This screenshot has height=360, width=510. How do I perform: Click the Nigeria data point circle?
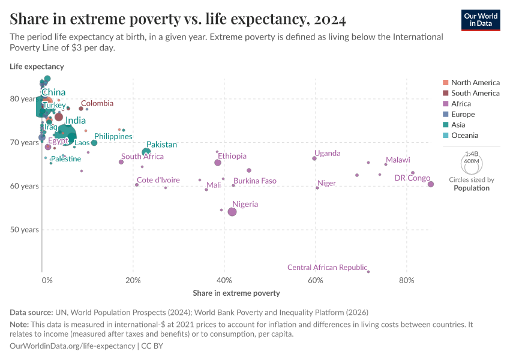click(x=232, y=212)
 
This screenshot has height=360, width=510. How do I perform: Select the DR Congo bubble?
click(x=431, y=184)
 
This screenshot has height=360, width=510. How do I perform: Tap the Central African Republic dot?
click(x=368, y=272)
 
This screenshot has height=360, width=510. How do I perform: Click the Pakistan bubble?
click(x=146, y=152)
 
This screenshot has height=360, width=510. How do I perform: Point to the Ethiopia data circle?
click(x=218, y=163)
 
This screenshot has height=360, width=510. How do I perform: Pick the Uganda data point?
click(x=314, y=158)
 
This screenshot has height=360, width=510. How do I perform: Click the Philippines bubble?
click(x=94, y=143)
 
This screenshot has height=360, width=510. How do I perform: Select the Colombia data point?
click(x=81, y=109)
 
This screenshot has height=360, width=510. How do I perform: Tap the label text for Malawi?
click(x=398, y=160)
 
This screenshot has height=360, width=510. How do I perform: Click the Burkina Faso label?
click(x=255, y=181)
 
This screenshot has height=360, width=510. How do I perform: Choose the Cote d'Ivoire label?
click(x=158, y=180)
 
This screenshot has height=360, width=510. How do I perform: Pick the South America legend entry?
click(x=475, y=93)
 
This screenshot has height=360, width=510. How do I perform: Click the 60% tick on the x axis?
click(x=316, y=280)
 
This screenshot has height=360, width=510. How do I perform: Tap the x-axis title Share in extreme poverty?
click(x=236, y=293)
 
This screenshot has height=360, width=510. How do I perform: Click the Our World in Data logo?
click(x=481, y=20)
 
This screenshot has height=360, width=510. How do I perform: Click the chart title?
click(x=178, y=20)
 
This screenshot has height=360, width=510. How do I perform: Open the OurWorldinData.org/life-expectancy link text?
click(x=73, y=346)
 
